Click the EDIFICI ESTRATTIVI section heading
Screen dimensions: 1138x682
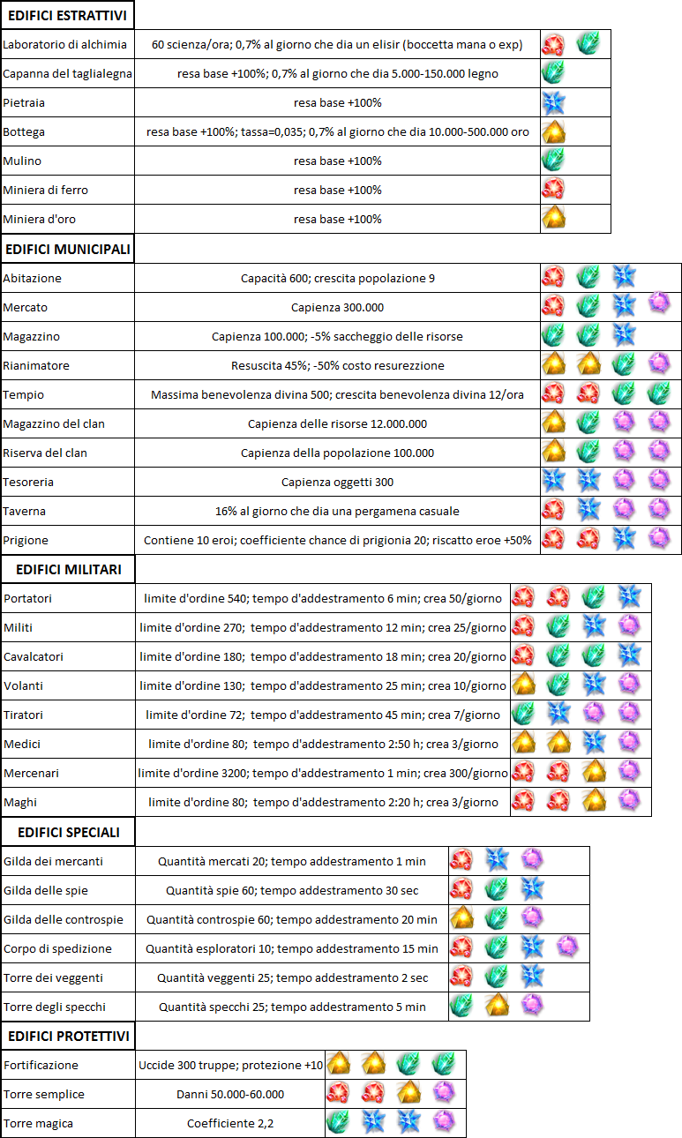tap(67, 15)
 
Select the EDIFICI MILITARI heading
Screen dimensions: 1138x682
tap(69, 569)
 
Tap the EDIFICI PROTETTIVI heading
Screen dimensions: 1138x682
tap(69, 1035)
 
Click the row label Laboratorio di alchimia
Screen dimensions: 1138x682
tap(65, 44)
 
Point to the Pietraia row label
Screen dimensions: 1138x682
tap(24, 102)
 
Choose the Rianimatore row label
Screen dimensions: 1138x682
tap(36, 365)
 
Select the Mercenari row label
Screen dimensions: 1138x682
tap(32, 773)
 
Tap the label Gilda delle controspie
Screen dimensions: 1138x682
tap(64, 919)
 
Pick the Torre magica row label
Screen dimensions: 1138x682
tap(38, 1123)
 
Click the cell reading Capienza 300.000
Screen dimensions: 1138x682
tap(337, 307)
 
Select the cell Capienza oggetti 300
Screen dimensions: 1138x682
tap(337, 482)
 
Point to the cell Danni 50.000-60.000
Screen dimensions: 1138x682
tap(230, 1094)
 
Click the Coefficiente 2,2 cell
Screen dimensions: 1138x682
tap(230, 1123)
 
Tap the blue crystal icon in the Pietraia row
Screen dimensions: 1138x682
tap(554, 103)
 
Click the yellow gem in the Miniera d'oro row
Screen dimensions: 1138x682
tap(554, 218)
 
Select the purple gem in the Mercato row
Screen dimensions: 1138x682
tap(659, 305)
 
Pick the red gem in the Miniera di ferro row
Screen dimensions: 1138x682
tap(554, 189)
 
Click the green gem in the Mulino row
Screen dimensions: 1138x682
tap(554, 160)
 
